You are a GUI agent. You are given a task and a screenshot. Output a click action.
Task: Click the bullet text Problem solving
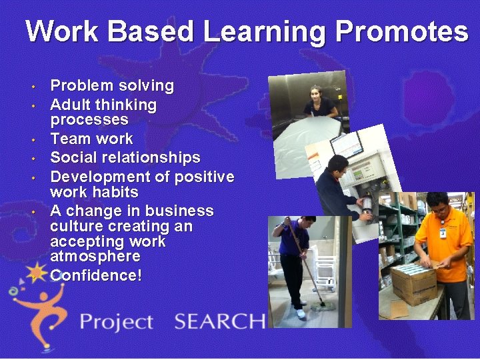point(112,86)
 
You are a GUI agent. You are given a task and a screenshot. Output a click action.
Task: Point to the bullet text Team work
point(91,139)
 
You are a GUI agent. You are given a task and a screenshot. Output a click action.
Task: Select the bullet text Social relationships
point(125,158)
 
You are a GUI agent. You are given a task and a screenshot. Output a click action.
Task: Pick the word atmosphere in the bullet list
point(95,257)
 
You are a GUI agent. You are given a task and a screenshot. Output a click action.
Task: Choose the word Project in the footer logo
point(117,323)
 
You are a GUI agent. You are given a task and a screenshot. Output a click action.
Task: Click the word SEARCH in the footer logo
point(219,321)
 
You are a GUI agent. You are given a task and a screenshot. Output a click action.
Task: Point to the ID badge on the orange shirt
point(442,233)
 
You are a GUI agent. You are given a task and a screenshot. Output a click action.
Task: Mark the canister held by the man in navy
point(366,203)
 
